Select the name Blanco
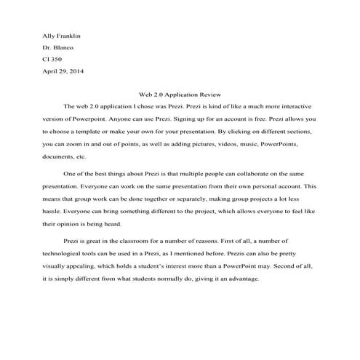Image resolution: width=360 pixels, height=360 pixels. (63, 47)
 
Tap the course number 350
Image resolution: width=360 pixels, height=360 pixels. (57, 60)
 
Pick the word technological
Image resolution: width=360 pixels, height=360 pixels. (67, 254)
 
